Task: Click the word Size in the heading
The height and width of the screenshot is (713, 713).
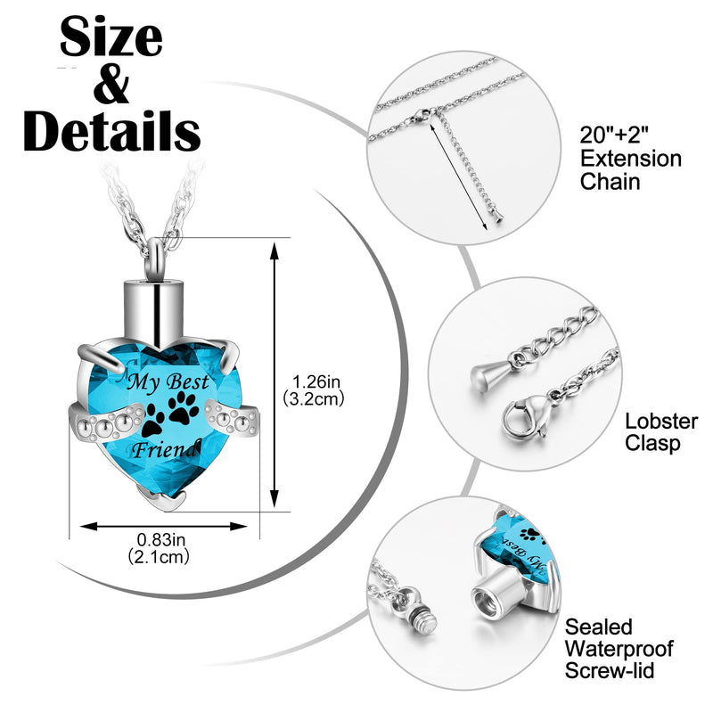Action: [111, 37]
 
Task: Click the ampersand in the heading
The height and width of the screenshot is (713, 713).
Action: [111, 84]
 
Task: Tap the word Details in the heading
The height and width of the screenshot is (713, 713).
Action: [112, 130]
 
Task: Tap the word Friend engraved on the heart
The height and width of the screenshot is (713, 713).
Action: [165, 449]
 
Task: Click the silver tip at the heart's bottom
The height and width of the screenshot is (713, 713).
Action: [162, 501]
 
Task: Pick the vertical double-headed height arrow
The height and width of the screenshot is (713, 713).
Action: [275, 374]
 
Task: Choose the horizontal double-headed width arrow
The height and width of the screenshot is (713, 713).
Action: [164, 527]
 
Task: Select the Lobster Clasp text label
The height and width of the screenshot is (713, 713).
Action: [661, 432]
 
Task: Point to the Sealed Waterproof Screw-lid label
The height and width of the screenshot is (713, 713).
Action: [619, 649]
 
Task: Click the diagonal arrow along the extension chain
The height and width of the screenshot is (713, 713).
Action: [458, 174]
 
